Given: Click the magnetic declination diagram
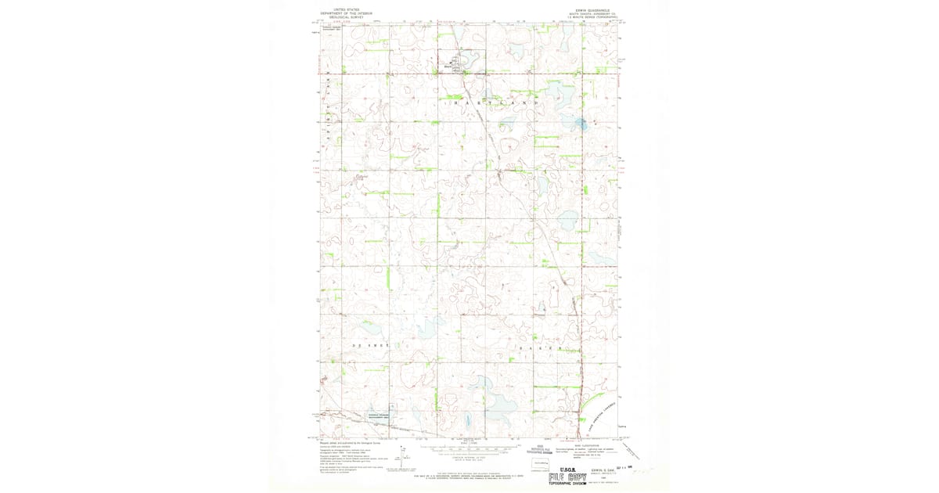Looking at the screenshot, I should coord(403,456).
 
